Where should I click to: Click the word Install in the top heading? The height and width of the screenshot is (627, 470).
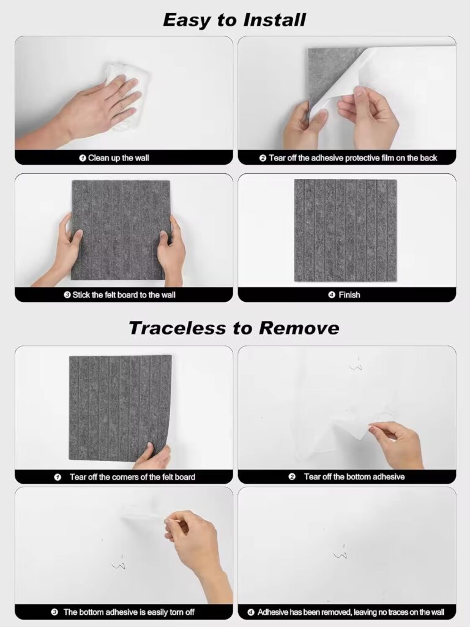point(275,20)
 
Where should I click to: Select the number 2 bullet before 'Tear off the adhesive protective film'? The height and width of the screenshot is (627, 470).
point(263,159)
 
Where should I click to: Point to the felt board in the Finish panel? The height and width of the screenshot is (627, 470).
point(346,230)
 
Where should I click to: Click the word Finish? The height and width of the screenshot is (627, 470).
point(349,295)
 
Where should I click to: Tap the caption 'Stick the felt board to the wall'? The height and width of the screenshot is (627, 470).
point(124,295)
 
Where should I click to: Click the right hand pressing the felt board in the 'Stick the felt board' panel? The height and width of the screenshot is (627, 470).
point(170,251)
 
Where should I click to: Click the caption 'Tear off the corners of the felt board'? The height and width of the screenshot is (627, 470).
point(132,477)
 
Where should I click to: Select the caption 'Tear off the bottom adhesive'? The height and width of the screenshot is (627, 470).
point(354,476)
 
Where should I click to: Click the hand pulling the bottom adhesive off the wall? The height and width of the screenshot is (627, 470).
point(397,445)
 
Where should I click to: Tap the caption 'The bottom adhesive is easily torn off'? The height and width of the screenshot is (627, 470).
point(129,612)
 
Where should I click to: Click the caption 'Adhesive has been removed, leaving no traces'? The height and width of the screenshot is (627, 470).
point(351,612)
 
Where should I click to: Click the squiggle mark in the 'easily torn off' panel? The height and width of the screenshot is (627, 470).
point(119,564)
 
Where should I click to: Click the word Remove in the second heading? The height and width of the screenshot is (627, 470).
point(299,328)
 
